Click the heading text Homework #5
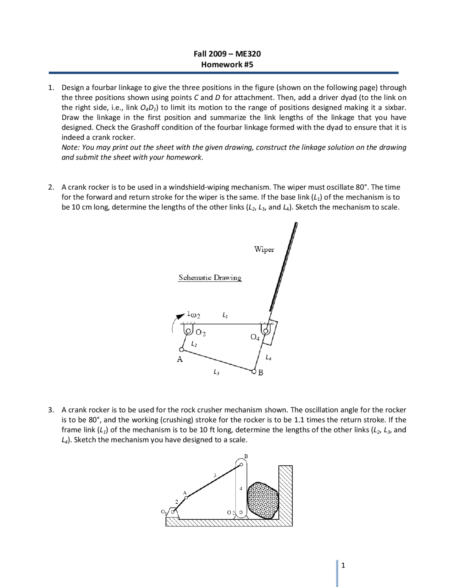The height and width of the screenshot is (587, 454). (x=227, y=65)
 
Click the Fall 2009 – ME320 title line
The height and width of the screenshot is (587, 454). (x=227, y=54)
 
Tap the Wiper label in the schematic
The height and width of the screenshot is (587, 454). (x=264, y=250)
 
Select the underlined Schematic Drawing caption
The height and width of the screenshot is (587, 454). (x=210, y=278)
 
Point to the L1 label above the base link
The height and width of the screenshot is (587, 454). (x=225, y=315)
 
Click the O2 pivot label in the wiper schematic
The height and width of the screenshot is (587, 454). (x=201, y=333)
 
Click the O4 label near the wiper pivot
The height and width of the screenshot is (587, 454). (x=255, y=337)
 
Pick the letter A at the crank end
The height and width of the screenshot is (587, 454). (x=180, y=359)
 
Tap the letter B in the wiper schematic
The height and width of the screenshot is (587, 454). (x=261, y=373)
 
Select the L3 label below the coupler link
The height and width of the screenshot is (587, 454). (x=216, y=372)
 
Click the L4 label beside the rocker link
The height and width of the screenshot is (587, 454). (x=268, y=358)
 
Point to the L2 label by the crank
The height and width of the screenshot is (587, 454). (x=194, y=344)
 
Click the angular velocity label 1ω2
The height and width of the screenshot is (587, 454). (x=194, y=315)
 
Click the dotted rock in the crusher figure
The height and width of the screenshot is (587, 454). (x=263, y=501)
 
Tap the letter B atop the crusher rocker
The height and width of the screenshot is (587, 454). (x=246, y=456)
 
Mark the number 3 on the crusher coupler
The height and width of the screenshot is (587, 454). (x=215, y=475)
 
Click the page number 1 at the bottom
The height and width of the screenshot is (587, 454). (x=343, y=565)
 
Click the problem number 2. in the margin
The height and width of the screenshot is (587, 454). (x=51, y=187)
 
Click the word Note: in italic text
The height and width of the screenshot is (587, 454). (x=71, y=147)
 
